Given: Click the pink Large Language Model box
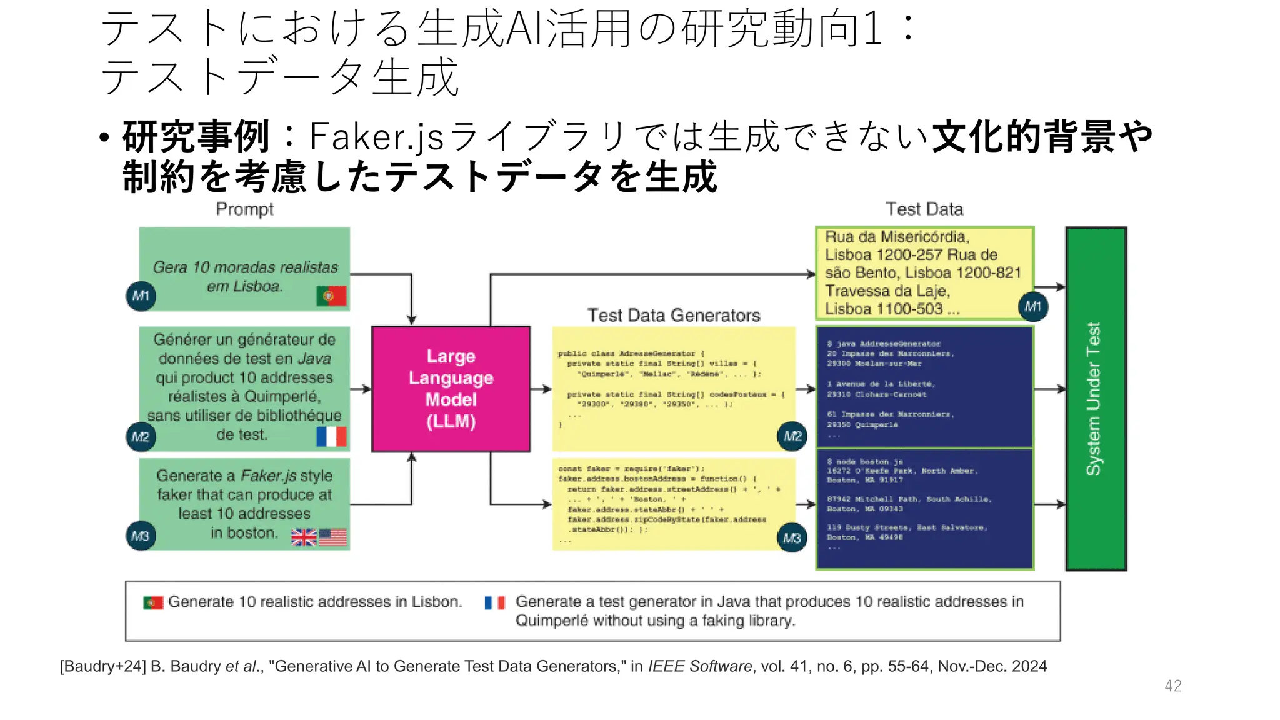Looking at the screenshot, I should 451,389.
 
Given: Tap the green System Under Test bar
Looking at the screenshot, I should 1096,399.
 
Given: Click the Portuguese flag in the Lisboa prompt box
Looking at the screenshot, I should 331,296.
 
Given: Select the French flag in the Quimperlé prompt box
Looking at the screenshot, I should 331,436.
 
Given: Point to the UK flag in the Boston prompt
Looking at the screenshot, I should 304,537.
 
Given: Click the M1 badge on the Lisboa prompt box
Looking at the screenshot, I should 141,296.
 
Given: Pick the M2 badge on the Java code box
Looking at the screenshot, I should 792,436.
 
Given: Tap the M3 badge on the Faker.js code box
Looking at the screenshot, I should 792,537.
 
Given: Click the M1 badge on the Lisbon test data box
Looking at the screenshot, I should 1032,307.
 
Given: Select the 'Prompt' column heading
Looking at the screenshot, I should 244,209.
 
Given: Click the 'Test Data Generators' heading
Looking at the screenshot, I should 674,316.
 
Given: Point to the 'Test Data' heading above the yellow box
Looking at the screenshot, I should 924,209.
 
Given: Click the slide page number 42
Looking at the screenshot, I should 1173,686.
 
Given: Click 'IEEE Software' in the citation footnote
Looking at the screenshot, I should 700,666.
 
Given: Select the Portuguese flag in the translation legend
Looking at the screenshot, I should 153,602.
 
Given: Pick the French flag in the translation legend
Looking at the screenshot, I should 495,602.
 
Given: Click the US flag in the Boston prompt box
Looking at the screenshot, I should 333,537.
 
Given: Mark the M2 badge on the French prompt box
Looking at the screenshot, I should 141,436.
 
